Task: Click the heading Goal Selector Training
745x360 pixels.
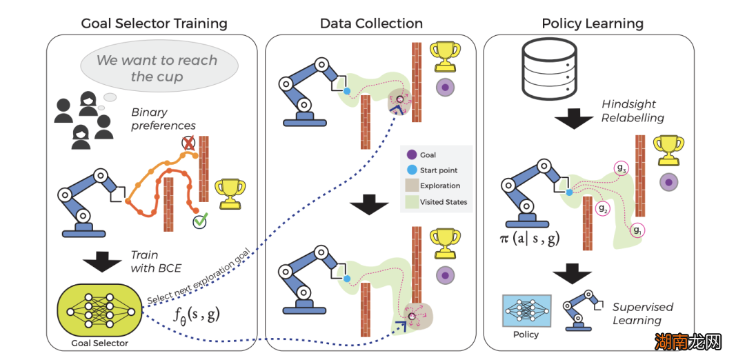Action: (154, 23)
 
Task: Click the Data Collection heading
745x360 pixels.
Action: (371, 23)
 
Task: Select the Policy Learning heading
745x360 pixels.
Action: (593, 23)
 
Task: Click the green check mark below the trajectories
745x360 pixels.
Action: (201, 221)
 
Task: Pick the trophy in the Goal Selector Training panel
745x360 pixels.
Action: (230, 192)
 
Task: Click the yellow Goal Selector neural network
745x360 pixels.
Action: (99, 309)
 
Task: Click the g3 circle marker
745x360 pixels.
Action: (621, 168)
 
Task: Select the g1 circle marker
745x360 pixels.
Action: (637, 230)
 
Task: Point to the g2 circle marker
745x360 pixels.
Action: (602, 208)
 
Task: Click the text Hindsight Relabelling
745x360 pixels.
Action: (632, 111)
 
